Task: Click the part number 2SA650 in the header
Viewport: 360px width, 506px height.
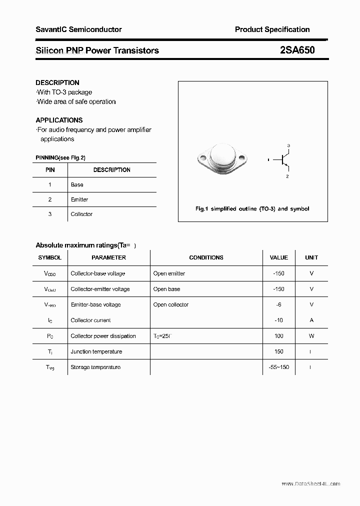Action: click(x=297, y=50)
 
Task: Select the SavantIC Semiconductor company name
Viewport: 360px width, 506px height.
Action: click(x=78, y=29)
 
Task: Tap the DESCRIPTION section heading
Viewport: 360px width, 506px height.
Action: click(x=57, y=82)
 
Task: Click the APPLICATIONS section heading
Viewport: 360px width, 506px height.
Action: click(x=59, y=120)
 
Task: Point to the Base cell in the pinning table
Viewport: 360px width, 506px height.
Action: click(x=77, y=184)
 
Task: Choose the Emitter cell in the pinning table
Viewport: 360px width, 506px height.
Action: click(x=79, y=199)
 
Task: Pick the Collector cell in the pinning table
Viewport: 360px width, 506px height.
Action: click(x=81, y=214)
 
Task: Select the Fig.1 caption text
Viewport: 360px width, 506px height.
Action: click(x=252, y=208)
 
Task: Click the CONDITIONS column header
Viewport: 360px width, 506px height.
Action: click(x=206, y=257)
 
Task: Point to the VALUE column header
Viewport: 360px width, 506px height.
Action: click(x=278, y=257)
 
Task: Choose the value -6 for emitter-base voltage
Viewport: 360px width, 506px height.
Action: click(x=278, y=304)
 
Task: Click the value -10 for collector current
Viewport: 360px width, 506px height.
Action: click(x=278, y=320)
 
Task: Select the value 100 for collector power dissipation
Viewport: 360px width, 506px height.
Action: click(x=278, y=336)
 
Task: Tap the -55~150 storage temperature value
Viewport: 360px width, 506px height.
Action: click(x=278, y=367)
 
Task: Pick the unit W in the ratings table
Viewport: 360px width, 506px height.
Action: click(x=311, y=336)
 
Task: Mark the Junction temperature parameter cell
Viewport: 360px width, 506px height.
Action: click(x=96, y=351)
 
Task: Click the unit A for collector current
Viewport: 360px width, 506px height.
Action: click(x=311, y=320)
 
